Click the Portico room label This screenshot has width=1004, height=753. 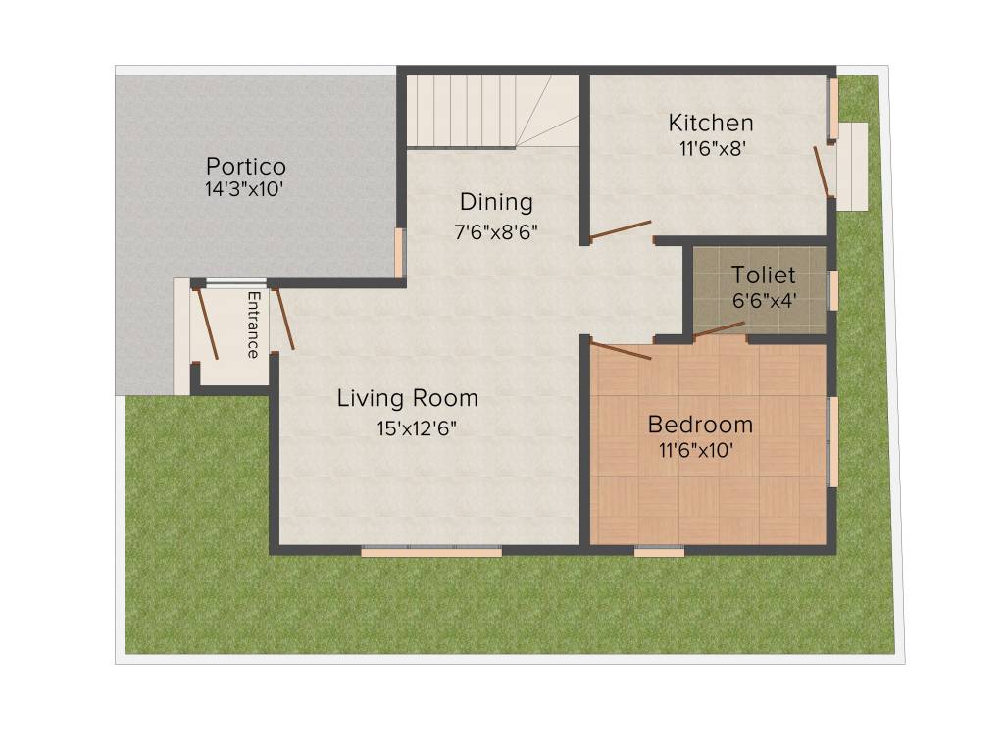coord(245,165)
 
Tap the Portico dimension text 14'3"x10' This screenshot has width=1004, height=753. coord(245,189)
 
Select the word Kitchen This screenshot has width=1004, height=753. coord(711,123)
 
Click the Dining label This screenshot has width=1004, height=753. coord(497,202)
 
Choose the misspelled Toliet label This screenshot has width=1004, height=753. coord(764,276)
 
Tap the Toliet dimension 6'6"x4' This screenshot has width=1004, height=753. coord(764,301)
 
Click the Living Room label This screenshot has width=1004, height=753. coord(408,398)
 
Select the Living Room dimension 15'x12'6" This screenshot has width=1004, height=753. coord(408,427)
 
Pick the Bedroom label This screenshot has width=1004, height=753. coord(700,425)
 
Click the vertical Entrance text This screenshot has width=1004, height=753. coord(254,324)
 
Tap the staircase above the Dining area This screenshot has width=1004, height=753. coord(480,110)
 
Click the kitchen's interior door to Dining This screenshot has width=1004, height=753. coord(620,230)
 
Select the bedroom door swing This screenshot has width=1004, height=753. coord(620,351)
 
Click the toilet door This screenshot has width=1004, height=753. coord(719,329)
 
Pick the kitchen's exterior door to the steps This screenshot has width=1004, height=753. coord(822,172)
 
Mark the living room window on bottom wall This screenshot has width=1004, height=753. coord(431,552)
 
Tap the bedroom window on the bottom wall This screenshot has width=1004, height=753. coord(659,552)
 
